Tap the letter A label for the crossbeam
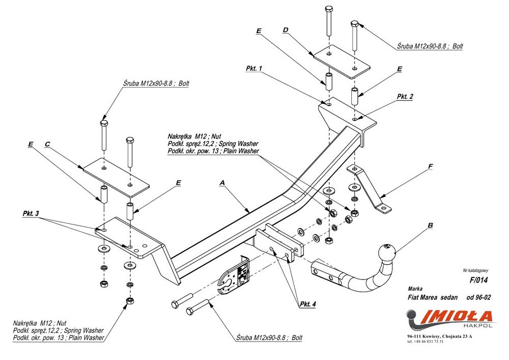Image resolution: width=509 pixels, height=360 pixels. tap(222, 183)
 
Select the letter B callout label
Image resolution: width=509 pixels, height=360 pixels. tap(430, 225)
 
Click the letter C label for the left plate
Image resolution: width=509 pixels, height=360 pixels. tap(47, 144)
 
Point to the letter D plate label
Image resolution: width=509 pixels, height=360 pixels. tap(286, 30)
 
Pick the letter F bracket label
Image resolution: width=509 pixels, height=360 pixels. tap(431, 167)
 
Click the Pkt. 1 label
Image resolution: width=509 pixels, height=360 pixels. tap(254, 69)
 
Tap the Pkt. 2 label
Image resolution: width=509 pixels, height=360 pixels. tap(405, 96)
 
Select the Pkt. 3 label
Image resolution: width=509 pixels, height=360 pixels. tap(31, 213)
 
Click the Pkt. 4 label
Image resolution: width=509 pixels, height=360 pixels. tap(308, 304)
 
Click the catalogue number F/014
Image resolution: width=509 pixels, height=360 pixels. tap(478, 280)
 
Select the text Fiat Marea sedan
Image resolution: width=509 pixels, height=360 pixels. tap(433, 297)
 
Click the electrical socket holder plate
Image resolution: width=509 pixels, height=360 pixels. tap(234, 275)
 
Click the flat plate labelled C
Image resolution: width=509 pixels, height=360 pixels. tap(116, 177)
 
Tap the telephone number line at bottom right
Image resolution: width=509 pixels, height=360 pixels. tap(426, 342)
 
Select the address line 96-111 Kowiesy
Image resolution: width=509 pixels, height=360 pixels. tap(440, 336)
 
